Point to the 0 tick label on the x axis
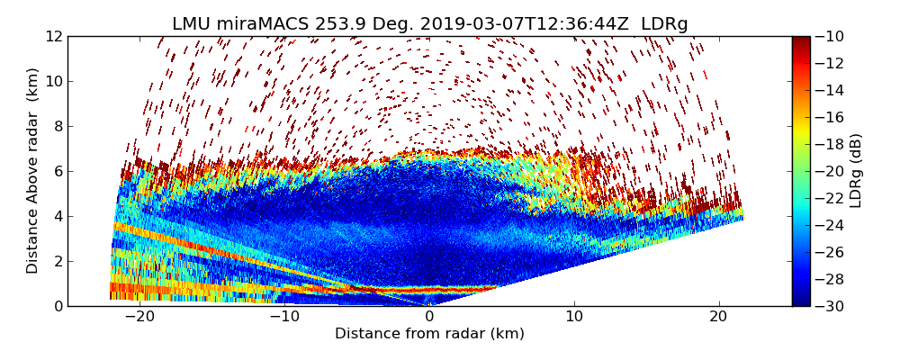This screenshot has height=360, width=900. [x=429, y=317]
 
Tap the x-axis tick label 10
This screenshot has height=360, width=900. [x=574, y=317]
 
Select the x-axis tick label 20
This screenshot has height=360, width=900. [x=719, y=317]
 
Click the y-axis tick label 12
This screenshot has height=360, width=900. [x=53, y=36]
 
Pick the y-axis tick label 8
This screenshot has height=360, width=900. [x=57, y=126]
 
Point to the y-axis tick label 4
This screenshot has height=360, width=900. [x=57, y=216]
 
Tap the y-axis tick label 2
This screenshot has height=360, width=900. [x=57, y=261]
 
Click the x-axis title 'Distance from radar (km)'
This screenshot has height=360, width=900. [x=429, y=334]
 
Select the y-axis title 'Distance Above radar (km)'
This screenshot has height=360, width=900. [x=33, y=171]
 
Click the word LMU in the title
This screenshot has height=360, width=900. [x=192, y=24]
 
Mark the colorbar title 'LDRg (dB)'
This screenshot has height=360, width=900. [x=856, y=171]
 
